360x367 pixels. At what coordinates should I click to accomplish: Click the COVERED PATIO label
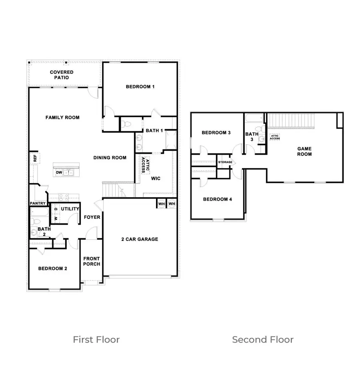point(62,75)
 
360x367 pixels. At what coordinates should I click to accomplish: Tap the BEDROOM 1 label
point(140,86)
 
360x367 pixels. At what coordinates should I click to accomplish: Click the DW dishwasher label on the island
point(59,172)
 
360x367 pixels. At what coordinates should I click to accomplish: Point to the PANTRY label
point(38,203)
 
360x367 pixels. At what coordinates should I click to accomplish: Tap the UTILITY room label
point(70,209)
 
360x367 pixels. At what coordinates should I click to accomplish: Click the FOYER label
point(92,217)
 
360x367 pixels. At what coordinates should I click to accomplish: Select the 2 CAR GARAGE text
point(140,239)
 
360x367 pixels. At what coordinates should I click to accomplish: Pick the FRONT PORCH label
point(92,261)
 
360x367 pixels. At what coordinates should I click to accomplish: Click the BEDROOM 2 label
point(52,269)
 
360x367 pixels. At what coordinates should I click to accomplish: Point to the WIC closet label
point(156,178)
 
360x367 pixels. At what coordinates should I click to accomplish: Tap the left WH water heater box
point(161,204)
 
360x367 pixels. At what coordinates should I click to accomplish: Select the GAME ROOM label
point(304,151)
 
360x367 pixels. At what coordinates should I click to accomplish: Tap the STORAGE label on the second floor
point(225,162)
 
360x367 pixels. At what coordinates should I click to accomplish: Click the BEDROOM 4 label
point(218,199)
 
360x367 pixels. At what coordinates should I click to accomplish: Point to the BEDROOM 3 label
point(216,133)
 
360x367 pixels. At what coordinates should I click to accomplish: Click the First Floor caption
point(96,340)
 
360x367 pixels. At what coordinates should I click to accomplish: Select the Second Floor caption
point(263,340)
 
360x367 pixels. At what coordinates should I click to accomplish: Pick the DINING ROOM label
point(110,158)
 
